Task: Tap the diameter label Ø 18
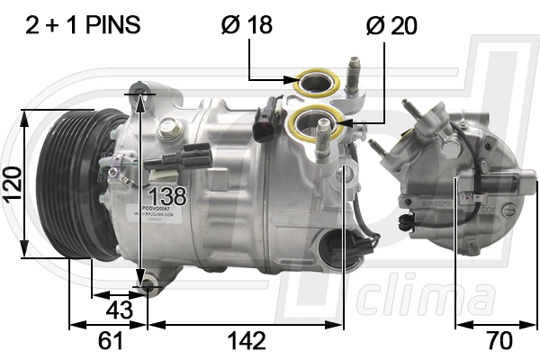click(247, 24)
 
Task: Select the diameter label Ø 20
click(391, 24)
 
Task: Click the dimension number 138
click(166, 194)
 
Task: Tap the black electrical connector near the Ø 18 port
click(265, 125)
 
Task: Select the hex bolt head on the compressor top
click(167, 130)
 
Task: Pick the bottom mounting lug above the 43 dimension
click(148, 286)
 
